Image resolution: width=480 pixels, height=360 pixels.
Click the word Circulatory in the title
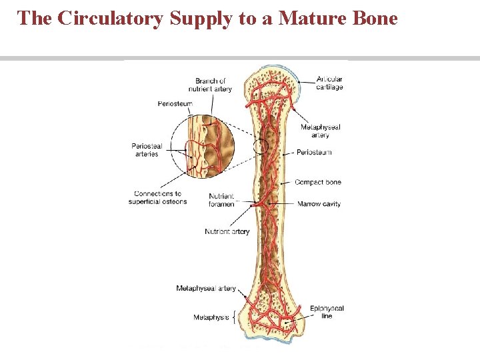pyautogui.click(x=111, y=18)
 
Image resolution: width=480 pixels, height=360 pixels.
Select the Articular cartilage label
pyautogui.click(x=329, y=83)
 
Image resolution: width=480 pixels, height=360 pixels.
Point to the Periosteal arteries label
pyautogui.click(x=147, y=150)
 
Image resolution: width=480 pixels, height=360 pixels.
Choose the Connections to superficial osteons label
pyautogui.click(x=158, y=197)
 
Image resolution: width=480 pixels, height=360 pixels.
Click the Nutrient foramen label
pyautogui.click(x=221, y=200)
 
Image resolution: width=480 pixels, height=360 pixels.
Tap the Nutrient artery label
pyautogui.click(x=227, y=231)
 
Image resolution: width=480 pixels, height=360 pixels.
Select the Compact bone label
pyautogui.click(x=317, y=182)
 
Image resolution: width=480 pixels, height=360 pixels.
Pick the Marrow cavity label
pyautogui.click(x=319, y=204)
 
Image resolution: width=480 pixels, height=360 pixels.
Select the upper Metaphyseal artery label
pyautogui.click(x=320, y=131)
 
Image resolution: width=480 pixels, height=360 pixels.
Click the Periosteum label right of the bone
pyautogui.click(x=313, y=153)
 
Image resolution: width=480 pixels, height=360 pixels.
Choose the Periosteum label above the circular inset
pyautogui.click(x=175, y=103)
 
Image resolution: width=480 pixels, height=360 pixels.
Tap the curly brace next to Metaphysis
pyautogui.click(x=233, y=317)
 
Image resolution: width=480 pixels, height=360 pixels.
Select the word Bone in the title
pyautogui.click(x=374, y=18)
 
